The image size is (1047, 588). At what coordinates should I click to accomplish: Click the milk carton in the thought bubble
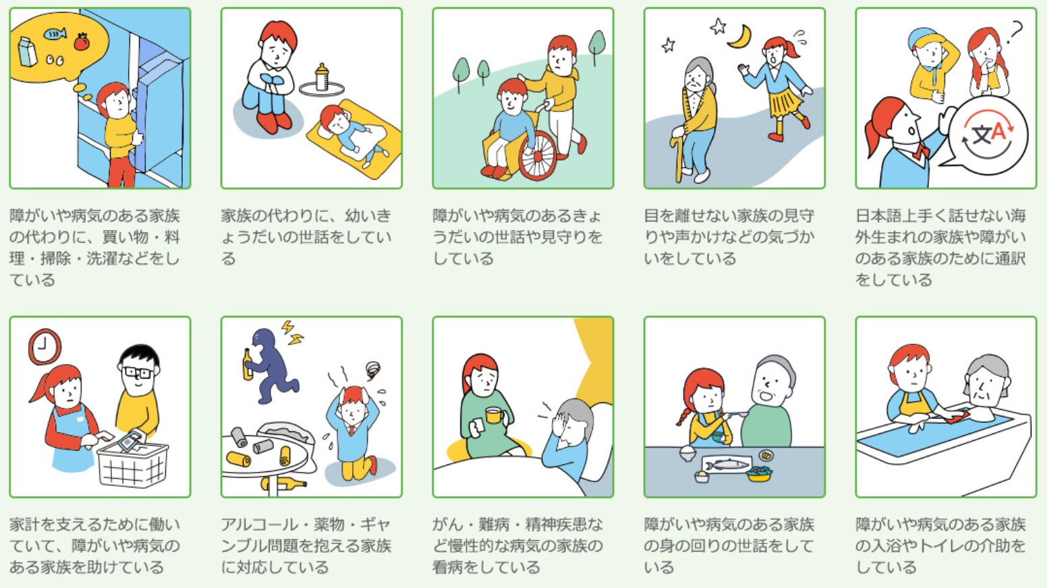pos(26,51)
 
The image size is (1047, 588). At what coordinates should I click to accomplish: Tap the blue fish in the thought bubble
pos(55,34)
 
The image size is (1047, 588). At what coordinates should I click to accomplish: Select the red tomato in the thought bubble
pos(82,41)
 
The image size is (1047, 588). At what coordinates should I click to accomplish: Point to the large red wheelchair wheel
pos(538,156)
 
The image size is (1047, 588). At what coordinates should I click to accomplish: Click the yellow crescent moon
pos(741,36)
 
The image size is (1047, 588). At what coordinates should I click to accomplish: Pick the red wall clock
pos(45,346)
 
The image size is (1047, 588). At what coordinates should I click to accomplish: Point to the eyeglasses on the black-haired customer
pos(137,373)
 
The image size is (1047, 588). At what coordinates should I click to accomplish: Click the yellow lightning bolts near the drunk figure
pos(292,333)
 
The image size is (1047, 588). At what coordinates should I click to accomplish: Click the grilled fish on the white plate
pos(727,465)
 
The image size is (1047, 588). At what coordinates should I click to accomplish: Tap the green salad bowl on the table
pos(759,474)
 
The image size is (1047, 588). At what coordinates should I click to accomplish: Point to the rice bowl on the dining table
pos(687,453)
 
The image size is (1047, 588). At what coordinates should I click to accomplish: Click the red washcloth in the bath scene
pos(956,417)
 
